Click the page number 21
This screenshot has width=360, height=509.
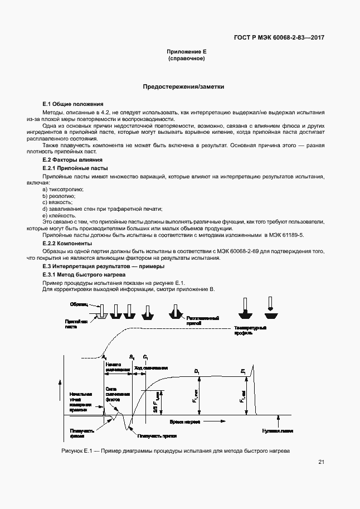click(321, 462)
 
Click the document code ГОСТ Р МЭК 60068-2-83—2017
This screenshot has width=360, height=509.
click(279, 38)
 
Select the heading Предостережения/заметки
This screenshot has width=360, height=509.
click(183, 87)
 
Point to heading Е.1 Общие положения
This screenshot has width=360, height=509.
click(73, 104)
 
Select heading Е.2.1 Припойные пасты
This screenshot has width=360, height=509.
click(75, 168)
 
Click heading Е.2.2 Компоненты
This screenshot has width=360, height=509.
click(67, 244)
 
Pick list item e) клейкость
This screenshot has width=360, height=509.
click(59, 216)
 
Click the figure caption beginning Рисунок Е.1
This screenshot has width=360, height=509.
click(175, 450)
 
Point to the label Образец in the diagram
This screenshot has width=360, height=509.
click(79, 304)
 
